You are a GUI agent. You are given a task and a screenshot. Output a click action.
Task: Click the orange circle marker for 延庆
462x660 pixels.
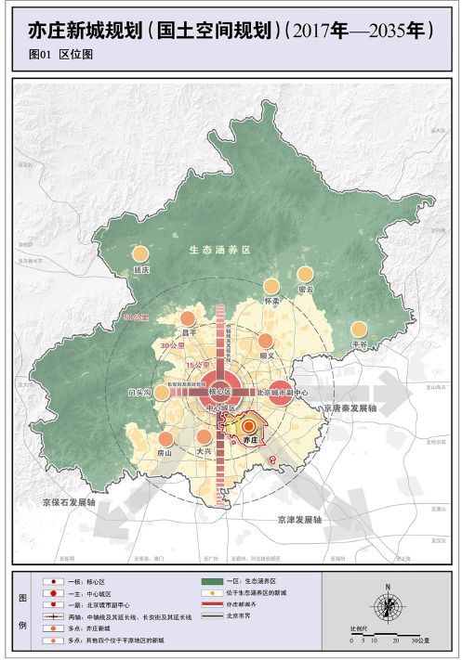140,253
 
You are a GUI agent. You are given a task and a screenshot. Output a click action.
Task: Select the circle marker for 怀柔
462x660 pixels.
271,287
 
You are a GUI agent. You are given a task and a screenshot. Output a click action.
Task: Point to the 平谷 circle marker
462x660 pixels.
359,330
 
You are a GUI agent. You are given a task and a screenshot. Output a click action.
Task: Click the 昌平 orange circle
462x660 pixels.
189,318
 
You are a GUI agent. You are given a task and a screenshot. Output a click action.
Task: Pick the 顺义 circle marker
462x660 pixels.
267,341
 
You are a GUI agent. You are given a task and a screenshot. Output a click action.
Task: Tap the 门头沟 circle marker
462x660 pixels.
163,393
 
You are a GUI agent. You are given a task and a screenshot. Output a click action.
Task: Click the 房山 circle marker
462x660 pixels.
165,439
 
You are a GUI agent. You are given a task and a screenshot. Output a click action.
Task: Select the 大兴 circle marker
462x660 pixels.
205,437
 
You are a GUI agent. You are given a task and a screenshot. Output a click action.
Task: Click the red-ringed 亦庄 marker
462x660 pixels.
248,427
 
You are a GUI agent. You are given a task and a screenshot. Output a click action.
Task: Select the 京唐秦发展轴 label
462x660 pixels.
350,408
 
